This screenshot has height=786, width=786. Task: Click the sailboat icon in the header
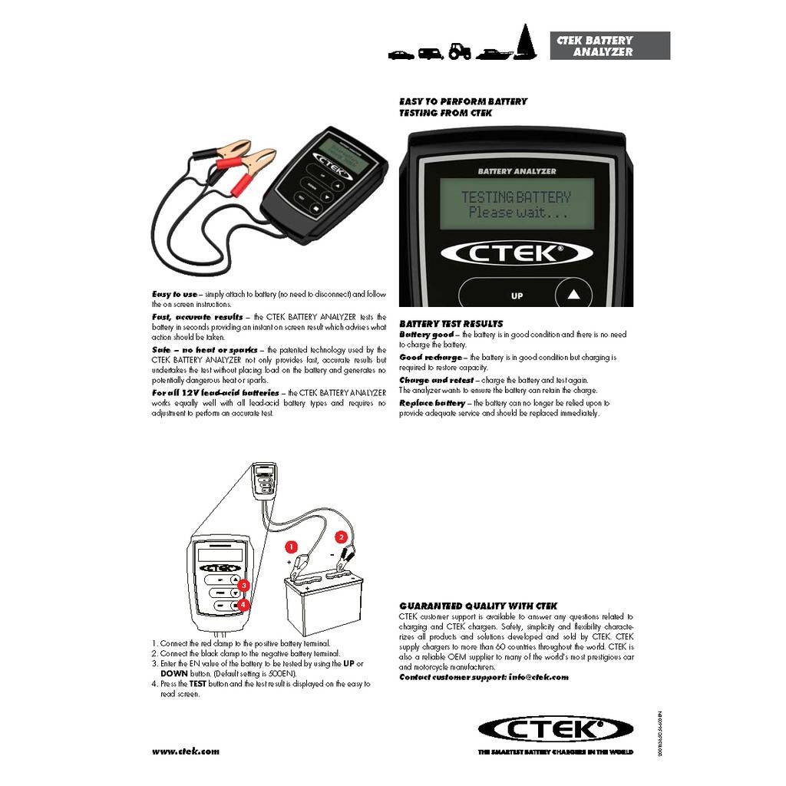[x=526, y=41]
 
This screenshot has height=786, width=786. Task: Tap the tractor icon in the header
[x=460, y=51]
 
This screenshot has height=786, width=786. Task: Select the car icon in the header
[x=401, y=54]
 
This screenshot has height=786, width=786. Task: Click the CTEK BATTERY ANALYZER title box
[x=609, y=46]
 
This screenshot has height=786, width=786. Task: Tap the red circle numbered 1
[x=290, y=547]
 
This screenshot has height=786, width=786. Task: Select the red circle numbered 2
[x=342, y=537]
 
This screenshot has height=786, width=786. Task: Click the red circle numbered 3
[x=243, y=586]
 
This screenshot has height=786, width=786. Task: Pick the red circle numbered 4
[x=243, y=605]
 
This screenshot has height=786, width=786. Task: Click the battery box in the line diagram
[x=322, y=606]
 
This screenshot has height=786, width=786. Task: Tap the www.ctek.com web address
[x=185, y=751]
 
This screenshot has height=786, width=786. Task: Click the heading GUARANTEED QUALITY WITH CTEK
[x=478, y=606]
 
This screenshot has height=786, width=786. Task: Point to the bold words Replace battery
[x=432, y=403]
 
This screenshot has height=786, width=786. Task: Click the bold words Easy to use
[x=174, y=294]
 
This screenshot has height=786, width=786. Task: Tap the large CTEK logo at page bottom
[x=556, y=728]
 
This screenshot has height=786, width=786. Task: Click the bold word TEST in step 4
[x=198, y=683]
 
